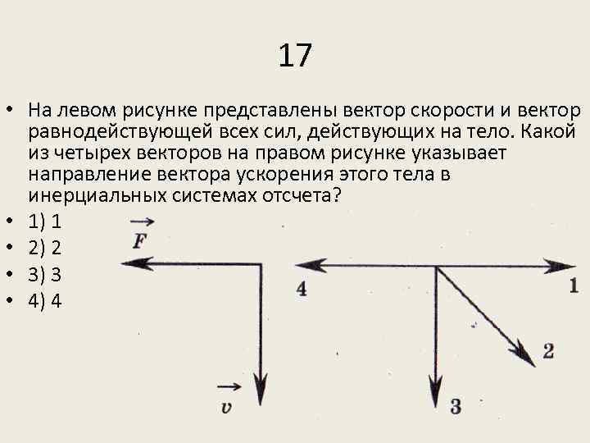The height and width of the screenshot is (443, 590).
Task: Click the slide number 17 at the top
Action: click(294, 57)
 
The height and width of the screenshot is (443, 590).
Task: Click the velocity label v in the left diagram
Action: click(227, 405)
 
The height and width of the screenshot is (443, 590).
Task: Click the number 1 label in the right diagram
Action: click(573, 285)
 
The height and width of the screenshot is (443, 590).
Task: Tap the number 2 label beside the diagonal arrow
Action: click(548, 351)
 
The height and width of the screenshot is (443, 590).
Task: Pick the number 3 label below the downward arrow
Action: click(456, 405)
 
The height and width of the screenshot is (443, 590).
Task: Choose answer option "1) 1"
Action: click(45, 221)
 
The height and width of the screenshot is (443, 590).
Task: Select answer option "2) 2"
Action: click(45, 248)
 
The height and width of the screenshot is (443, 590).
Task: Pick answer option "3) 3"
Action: click(45, 275)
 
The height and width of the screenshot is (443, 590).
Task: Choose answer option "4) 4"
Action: click(45, 301)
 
